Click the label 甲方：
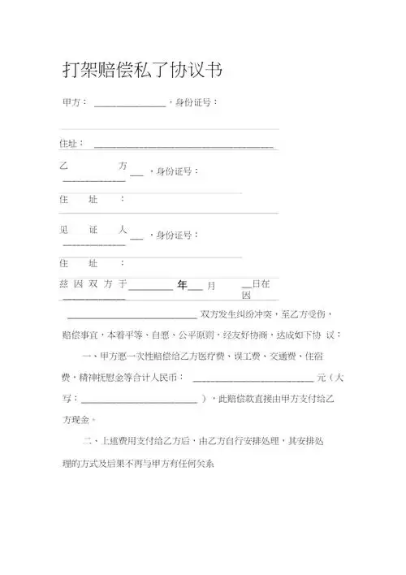point(75,103)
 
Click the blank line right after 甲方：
point(130,105)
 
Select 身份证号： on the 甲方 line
point(195,103)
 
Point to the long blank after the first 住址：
point(184,146)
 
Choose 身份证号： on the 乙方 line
point(177,171)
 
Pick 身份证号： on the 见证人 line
point(177,235)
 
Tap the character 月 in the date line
point(211,286)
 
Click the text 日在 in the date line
point(261,284)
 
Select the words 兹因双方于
point(93,284)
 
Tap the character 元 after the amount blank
point(322,378)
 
